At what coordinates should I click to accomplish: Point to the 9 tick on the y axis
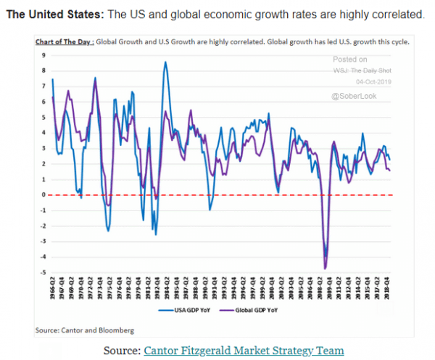pyautogui.click(x=44, y=55)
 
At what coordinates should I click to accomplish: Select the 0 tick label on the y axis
pyautogui.click(x=44, y=195)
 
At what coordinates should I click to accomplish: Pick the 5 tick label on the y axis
pyautogui.click(x=44, y=117)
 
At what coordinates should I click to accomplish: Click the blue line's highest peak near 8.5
pyautogui.click(x=165, y=62)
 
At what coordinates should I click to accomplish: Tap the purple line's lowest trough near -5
pyautogui.click(x=325, y=269)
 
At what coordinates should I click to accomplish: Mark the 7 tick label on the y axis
pyautogui.click(x=44, y=86)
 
